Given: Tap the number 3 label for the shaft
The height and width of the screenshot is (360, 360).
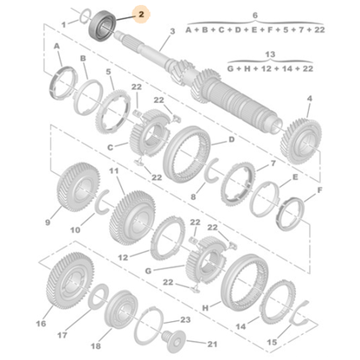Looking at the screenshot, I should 172,31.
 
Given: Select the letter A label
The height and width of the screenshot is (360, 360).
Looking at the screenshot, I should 56,44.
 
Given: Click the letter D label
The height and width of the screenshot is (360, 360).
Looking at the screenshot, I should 231,140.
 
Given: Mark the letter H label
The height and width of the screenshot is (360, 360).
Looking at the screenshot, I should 206,306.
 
